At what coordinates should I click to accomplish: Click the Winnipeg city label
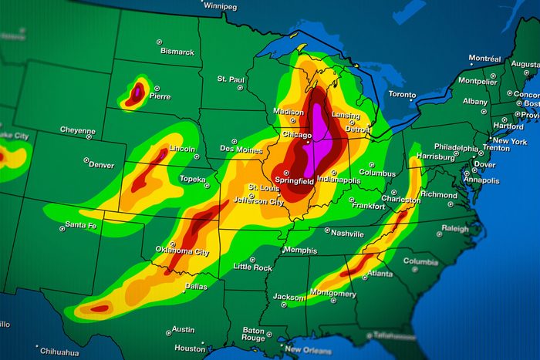point(221,6)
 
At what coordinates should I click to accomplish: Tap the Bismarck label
point(177,52)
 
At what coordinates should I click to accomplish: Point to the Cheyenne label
point(78,130)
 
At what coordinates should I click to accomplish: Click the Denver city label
point(101,165)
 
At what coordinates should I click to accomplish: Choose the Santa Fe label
point(81,224)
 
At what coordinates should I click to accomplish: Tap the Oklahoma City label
point(182,251)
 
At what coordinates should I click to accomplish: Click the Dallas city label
point(196,286)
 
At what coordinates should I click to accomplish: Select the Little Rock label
point(253,267)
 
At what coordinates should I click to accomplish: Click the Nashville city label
point(347,233)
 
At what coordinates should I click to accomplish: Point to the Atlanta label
point(380,273)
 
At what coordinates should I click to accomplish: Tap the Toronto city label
point(402,94)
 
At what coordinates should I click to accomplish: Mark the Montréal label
point(484,59)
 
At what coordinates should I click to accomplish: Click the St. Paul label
point(231,79)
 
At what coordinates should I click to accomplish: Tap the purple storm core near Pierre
point(136,93)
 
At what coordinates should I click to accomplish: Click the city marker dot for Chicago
point(307,143)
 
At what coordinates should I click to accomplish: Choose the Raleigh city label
point(454,229)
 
